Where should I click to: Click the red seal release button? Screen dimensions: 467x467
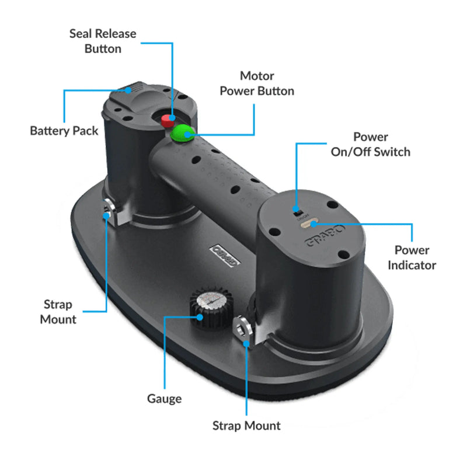click(x=167, y=120)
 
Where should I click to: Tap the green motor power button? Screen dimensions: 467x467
click(x=184, y=133)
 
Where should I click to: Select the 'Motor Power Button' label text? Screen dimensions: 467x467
click(x=257, y=83)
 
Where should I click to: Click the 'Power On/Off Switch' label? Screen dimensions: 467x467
click(x=370, y=144)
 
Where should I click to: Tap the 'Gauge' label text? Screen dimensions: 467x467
click(x=164, y=399)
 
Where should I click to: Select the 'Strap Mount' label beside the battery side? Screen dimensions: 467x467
click(x=58, y=312)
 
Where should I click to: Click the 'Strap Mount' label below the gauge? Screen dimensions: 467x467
click(x=246, y=426)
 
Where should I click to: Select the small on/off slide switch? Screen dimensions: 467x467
click(x=297, y=209)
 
